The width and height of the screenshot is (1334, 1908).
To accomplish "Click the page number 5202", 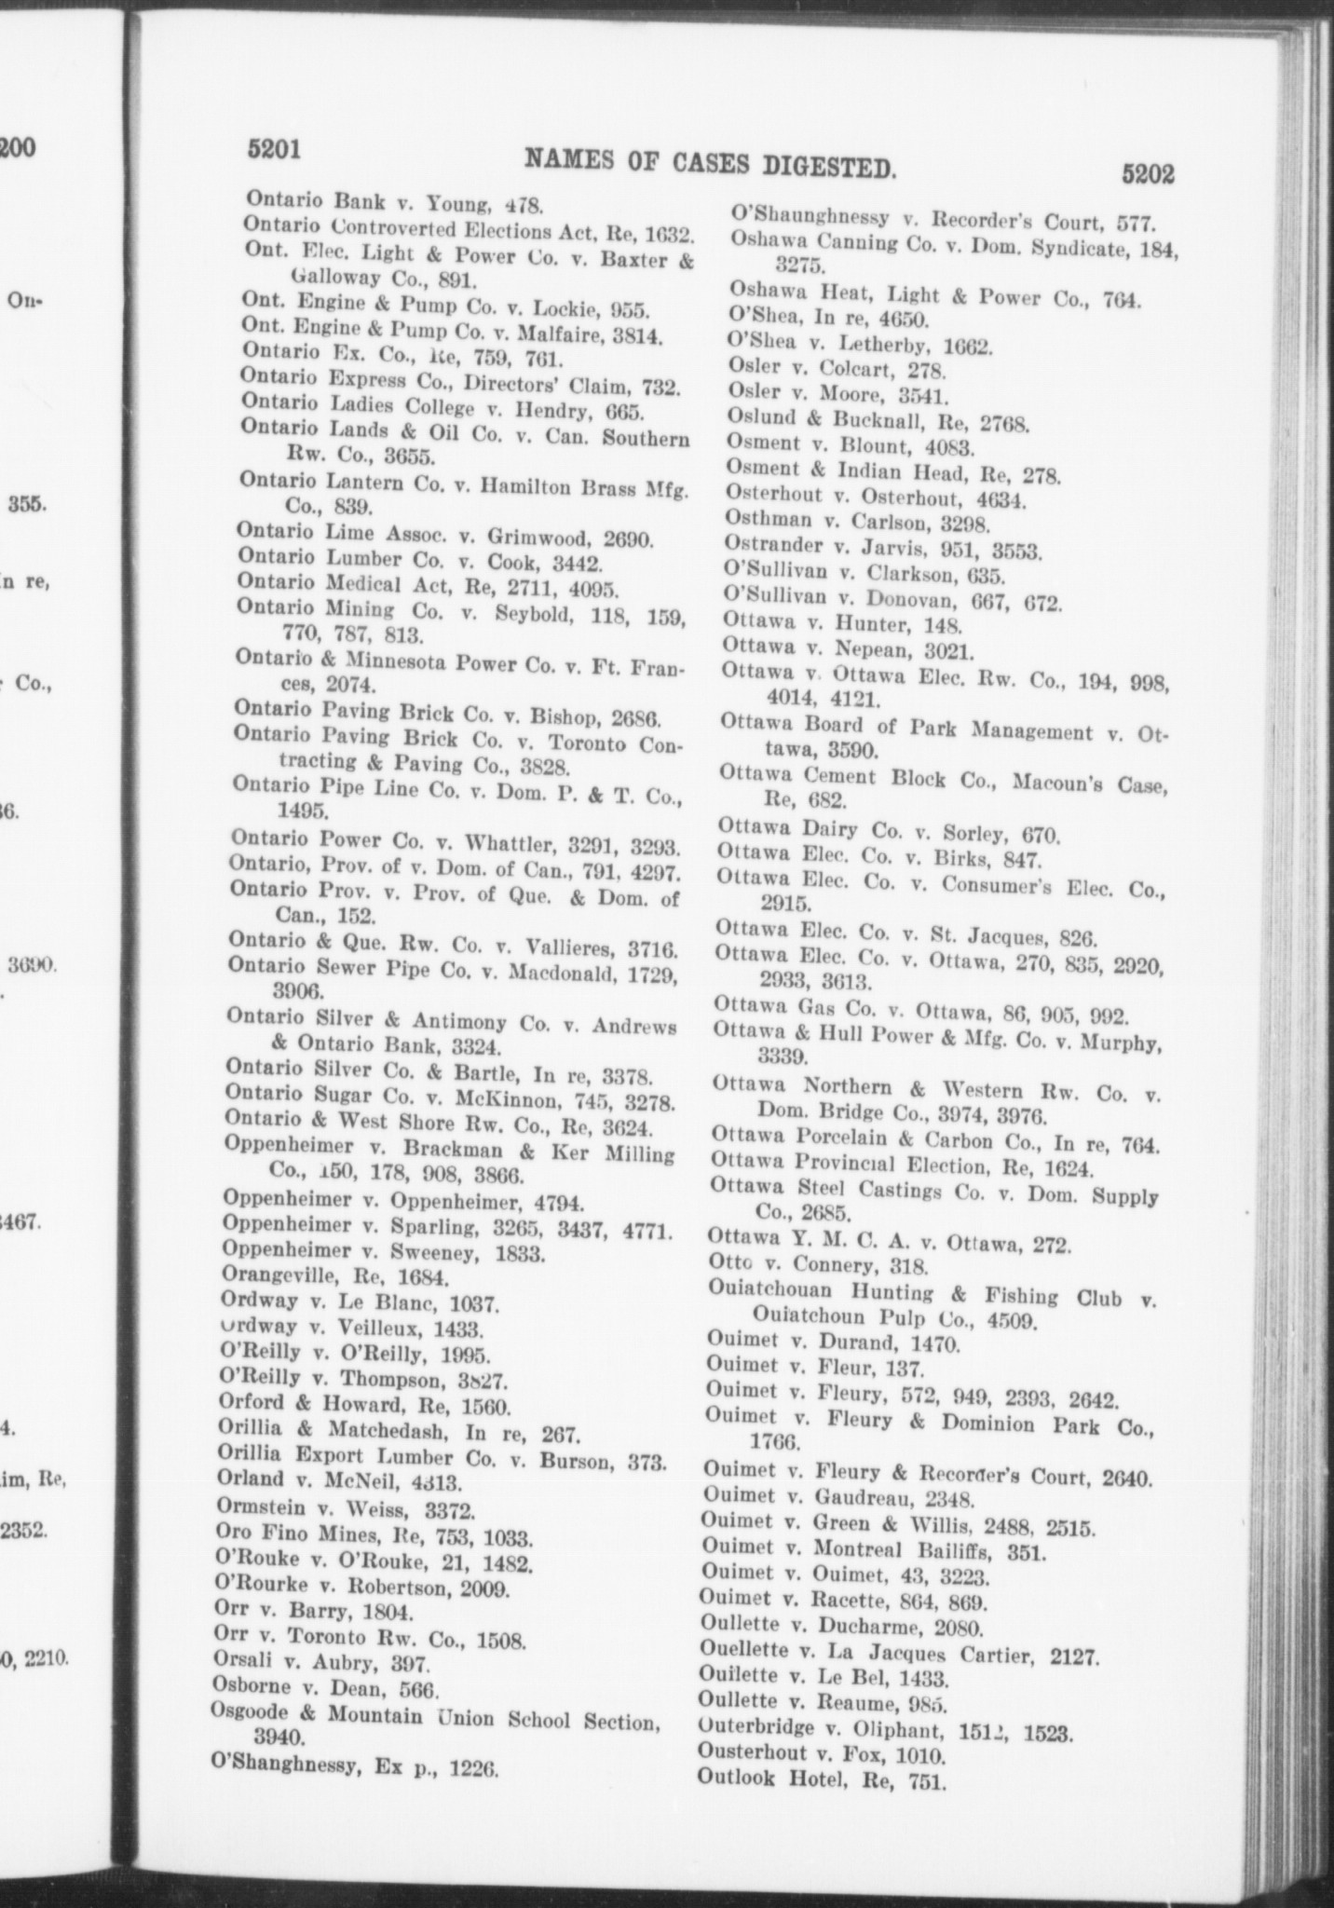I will [x=1148, y=174].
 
